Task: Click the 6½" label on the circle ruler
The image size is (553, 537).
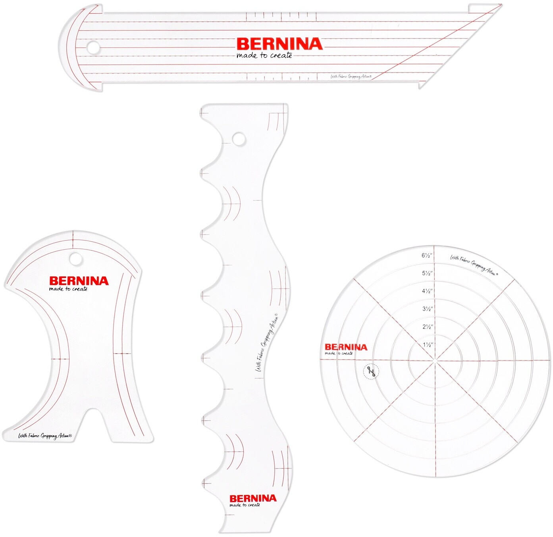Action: [x=427, y=256]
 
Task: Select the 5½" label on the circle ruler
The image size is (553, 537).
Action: [x=427, y=273]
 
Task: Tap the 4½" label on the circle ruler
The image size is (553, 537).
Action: [x=427, y=291]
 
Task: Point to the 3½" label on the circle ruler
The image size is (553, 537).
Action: [x=427, y=309]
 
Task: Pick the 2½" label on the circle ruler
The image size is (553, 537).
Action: [x=427, y=327]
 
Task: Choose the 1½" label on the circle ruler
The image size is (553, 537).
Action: [x=428, y=345]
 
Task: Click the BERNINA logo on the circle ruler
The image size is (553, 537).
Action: [x=346, y=347]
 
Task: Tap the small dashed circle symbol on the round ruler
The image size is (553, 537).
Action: [x=371, y=372]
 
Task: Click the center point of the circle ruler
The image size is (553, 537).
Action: [x=435, y=361]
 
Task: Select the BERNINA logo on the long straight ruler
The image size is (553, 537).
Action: [x=279, y=44]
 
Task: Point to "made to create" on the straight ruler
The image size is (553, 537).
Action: [x=264, y=56]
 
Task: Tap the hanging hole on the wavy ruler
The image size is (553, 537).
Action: [x=239, y=139]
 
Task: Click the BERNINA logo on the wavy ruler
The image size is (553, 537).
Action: [x=253, y=498]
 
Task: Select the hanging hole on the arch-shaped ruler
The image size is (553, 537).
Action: [x=75, y=259]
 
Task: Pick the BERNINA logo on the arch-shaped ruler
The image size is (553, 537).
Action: [x=79, y=281]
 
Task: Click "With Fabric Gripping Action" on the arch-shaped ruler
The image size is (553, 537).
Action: [x=45, y=436]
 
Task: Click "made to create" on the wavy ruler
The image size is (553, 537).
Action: [x=245, y=505]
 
